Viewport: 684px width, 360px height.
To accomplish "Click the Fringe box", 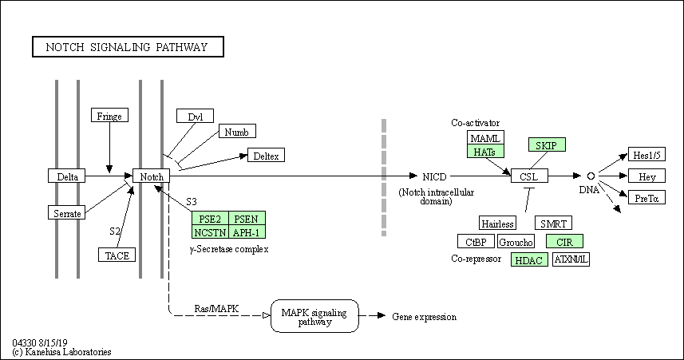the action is coord(109,115).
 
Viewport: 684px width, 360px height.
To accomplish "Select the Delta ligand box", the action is coord(67,176).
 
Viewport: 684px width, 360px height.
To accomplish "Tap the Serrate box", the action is coord(67,212).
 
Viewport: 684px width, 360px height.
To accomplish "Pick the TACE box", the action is coord(117,255).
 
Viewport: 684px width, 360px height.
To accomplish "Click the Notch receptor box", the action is coord(151,176).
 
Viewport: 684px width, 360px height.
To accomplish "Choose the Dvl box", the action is coord(195,116).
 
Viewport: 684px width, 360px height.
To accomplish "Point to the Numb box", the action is coord(237,132).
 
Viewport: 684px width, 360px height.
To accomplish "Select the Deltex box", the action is coord(266,155).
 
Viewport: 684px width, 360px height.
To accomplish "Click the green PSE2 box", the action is coord(210,218).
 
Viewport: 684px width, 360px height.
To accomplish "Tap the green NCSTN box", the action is coord(210,231).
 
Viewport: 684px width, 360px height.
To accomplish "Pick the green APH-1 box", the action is coord(247,231).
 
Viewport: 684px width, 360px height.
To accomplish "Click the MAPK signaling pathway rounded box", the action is coord(314,316).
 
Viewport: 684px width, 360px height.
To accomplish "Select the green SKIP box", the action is coord(547,144).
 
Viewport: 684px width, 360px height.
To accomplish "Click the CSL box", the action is coord(530,176).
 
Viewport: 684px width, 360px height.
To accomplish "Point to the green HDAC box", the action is coord(530,259).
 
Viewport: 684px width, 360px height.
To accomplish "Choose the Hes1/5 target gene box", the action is coord(647,155).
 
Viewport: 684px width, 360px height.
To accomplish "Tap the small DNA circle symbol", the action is coord(591,176).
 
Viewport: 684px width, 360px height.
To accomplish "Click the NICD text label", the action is coord(434,176).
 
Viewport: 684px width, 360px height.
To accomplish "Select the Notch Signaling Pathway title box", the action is coord(128,46).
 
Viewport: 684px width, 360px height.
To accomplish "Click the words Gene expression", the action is coord(425,317).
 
